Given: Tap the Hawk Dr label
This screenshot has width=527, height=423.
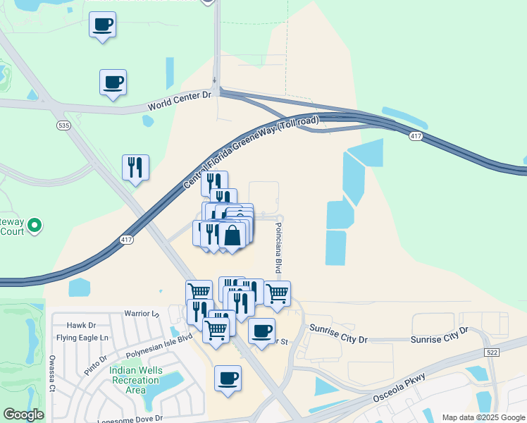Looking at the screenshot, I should pos(81,325).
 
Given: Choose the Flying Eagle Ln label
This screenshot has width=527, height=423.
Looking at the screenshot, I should pos(82,338).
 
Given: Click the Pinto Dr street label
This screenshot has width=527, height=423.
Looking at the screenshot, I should pos(95,364).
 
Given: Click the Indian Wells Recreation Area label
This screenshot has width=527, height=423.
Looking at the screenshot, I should pos(135,380).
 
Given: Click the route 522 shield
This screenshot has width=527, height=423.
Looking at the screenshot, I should pos(492,352).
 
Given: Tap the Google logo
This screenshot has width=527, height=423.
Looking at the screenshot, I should pos(23,415).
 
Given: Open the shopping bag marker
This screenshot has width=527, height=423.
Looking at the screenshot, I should pos(232,235).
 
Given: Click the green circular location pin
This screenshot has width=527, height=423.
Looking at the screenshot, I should pos(32,226).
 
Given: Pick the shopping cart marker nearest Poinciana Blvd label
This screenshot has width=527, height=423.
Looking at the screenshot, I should pos(278,293).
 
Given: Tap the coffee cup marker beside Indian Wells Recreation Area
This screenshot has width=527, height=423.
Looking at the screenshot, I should pos(228,379).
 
